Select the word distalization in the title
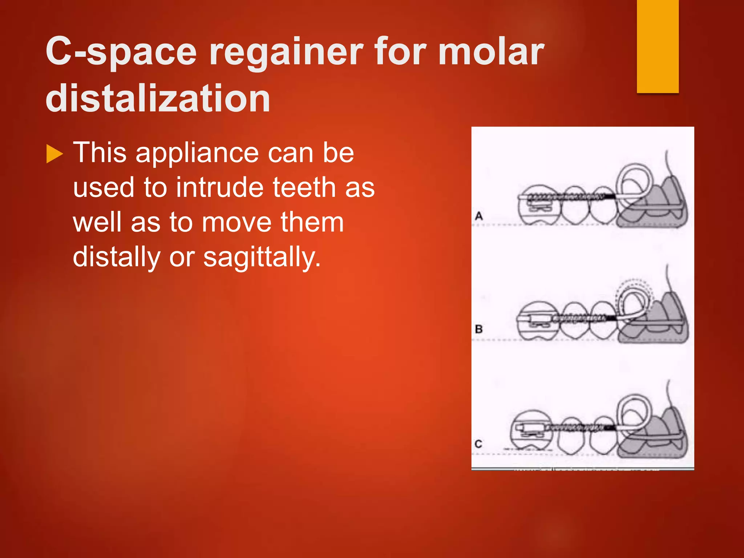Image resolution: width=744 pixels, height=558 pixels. pos(158,98)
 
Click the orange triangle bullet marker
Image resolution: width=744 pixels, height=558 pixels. pos(54,154)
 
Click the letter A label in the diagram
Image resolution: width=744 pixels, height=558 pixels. pos(479,216)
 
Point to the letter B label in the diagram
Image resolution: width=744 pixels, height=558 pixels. pos(479,329)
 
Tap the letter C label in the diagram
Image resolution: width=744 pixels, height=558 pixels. pos(478,444)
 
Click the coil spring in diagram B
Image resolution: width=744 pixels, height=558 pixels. pos(579,319)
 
